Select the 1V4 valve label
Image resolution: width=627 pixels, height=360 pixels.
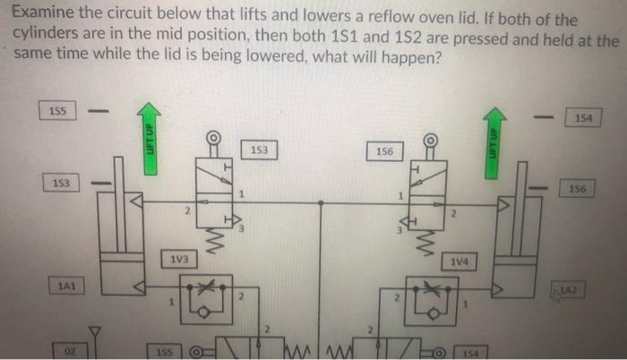pos(460,261)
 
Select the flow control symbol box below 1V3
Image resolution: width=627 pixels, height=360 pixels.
pos(207,295)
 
